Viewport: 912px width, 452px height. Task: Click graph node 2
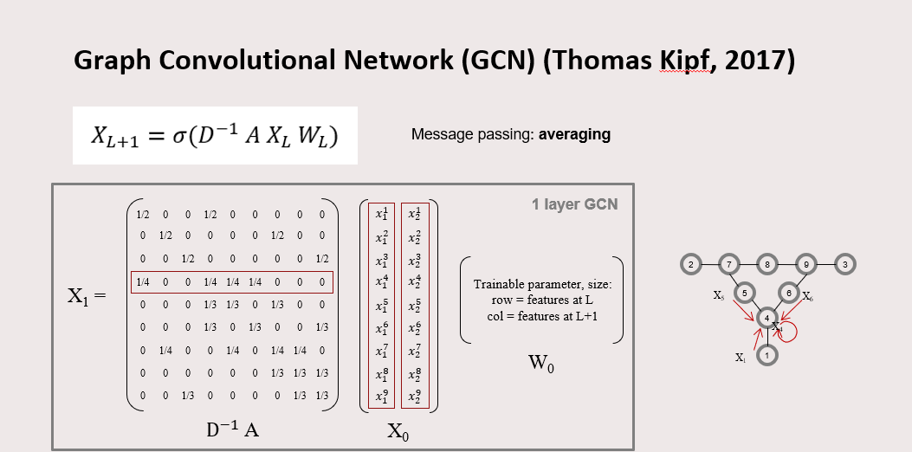pyautogui.click(x=690, y=263)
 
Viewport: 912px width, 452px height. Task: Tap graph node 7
pyautogui.click(x=730, y=263)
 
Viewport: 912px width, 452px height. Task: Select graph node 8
pyautogui.click(x=767, y=263)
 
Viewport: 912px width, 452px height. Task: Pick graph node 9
pyautogui.click(x=805, y=263)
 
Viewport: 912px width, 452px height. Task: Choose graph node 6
pyautogui.click(x=789, y=293)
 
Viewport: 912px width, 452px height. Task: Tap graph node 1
pyautogui.click(x=766, y=354)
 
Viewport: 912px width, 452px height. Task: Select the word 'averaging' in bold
pyautogui.click(x=574, y=134)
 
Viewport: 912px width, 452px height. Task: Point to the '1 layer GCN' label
pyautogui.click(x=574, y=205)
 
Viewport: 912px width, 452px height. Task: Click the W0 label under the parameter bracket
pyautogui.click(x=541, y=362)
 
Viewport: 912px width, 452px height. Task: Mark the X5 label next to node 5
pyautogui.click(x=719, y=295)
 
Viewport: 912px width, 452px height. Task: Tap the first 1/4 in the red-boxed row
pyautogui.click(x=143, y=282)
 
